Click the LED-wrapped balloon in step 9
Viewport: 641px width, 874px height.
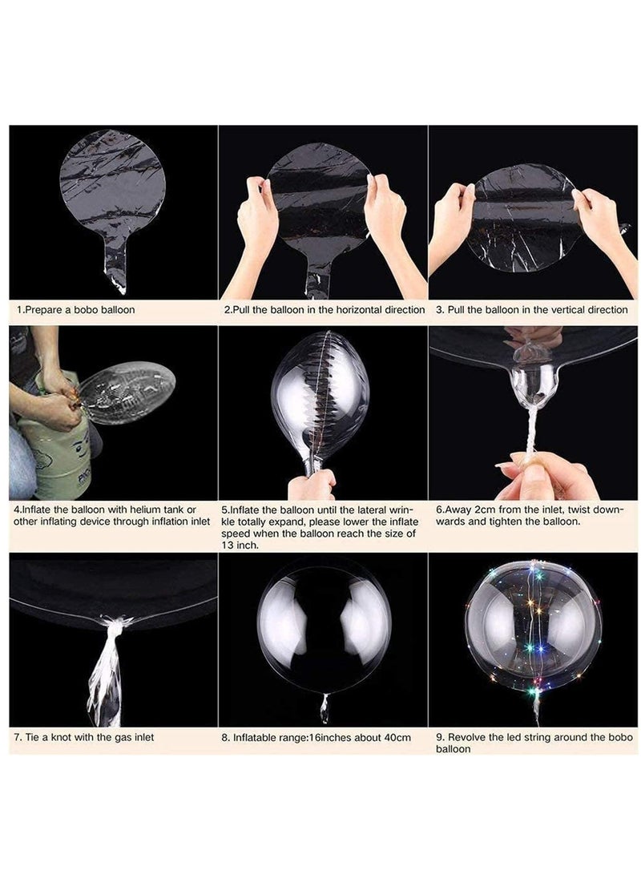[533, 629]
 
